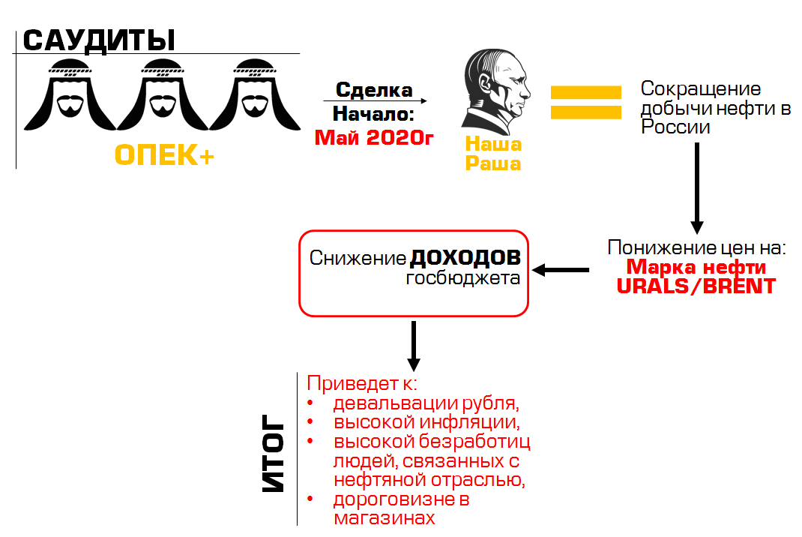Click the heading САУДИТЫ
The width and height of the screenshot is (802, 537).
tap(99, 40)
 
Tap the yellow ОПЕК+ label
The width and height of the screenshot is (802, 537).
tap(164, 155)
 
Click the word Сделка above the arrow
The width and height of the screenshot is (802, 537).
tap(374, 90)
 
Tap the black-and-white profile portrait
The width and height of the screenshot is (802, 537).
tap(495, 90)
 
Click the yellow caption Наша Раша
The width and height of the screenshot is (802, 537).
tap(493, 154)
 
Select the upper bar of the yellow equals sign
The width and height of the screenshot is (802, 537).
tap(586, 92)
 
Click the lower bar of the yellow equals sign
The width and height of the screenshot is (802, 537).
tap(586, 112)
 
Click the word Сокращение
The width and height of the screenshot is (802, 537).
tap(700, 89)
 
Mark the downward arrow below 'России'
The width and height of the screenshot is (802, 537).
tap(696, 187)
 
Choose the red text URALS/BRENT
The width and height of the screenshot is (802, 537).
tap(696, 286)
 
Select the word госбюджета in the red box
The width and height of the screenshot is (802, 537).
tap(463, 278)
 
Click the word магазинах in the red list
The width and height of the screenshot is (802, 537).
tap(384, 517)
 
